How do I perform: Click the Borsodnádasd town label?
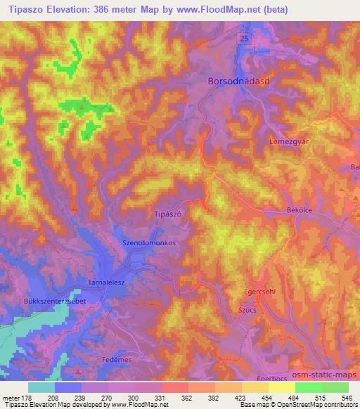[239, 82]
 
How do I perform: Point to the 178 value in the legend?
[27, 397]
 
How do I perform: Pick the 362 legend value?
[187, 397]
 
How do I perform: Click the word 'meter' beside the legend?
[9, 397]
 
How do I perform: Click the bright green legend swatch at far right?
[335, 387]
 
